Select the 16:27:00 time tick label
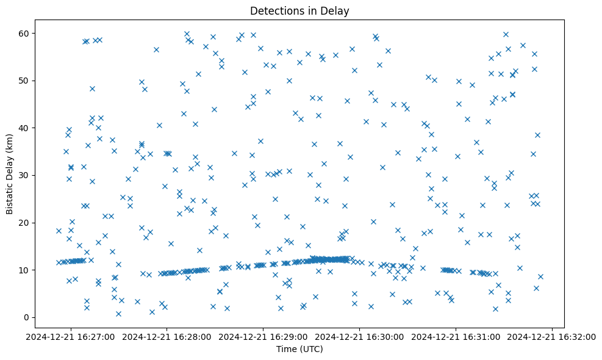71,336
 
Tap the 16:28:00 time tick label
167,336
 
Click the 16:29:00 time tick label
263,336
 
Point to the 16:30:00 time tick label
360,336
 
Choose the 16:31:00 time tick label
456,336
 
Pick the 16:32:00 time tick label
553,336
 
